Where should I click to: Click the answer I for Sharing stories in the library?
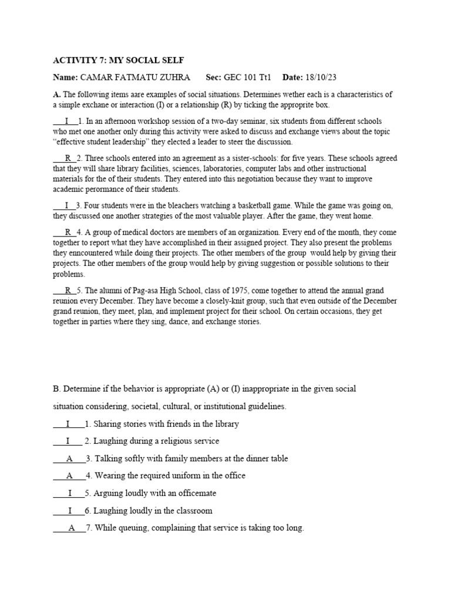coord(68,424)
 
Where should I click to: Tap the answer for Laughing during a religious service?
coord(68,441)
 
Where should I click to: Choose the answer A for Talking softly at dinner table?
coord(69,458)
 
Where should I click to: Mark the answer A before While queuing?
coord(72,528)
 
